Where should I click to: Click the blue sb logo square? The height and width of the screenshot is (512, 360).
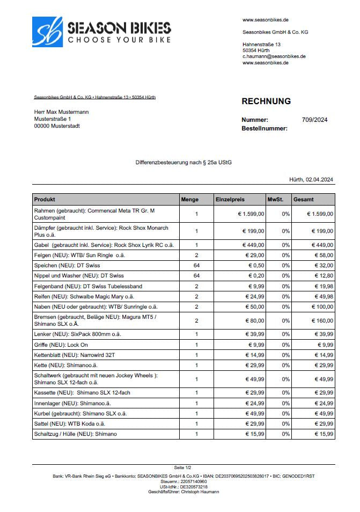click(x=47, y=31)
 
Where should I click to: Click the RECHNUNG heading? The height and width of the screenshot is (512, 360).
click(x=266, y=101)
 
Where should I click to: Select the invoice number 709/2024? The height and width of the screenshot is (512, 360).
click(x=315, y=120)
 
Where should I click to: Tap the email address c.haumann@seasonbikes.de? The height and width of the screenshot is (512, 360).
click(x=274, y=56)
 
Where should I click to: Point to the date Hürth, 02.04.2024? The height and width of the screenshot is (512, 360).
click(x=311, y=180)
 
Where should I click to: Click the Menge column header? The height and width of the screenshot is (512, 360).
click(x=190, y=199)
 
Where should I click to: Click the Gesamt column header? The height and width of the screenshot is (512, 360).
click(x=304, y=199)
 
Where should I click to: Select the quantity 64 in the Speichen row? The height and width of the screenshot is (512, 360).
click(x=196, y=266)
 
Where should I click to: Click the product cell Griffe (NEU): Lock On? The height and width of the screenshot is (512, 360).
click(x=61, y=345)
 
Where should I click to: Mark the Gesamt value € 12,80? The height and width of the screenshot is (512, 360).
click(x=322, y=276)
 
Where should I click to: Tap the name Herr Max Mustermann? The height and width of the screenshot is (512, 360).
click(x=61, y=112)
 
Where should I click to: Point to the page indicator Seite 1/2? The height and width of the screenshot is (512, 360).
click(x=183, y=468)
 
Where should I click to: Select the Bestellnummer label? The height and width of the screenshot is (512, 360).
click(x=265, y=128)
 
